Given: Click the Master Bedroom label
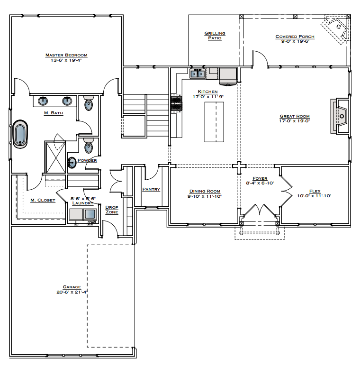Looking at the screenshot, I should click(66, 55).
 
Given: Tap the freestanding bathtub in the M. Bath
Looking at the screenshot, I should click(20, 134).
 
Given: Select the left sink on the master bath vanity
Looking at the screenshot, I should click(43, 101).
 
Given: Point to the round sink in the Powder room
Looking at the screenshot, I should click(72, 163).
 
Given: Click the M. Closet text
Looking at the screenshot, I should click(43, 200).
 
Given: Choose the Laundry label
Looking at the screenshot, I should click(82, 203).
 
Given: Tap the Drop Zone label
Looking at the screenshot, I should click(112, 210).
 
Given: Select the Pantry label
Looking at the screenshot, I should click(151, 189).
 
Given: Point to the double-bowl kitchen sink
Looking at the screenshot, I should click(198, 74).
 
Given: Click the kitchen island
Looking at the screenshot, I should click(214, 122).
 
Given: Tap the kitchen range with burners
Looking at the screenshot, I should click(176, 103).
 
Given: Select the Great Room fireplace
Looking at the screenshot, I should click(341, 116).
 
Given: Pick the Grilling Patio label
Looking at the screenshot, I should click(215, 36).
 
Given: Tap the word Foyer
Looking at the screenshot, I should click(260, 179).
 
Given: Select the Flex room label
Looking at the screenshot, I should click(315, 191).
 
